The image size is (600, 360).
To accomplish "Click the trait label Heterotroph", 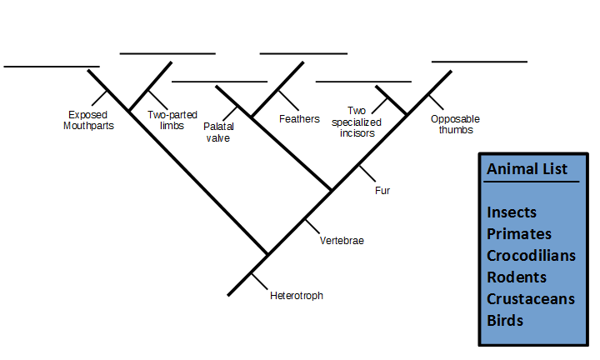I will [x=297, y=296].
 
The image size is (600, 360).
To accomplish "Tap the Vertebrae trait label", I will [x=342, y=241].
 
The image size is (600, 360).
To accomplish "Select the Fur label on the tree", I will [x=382, y=191].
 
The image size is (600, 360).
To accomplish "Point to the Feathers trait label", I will [x=299, y=119].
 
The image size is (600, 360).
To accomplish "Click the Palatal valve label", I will [x=218, y=132].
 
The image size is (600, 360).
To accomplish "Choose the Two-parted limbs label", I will [x=172, y=120].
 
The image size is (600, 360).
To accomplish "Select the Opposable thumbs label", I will [x=454, y=124].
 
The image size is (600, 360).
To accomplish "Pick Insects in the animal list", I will [x=512, y=212].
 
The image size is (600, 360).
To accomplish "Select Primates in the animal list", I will [x=519, y=233].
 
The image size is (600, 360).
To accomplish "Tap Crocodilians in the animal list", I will [x=531, y=255].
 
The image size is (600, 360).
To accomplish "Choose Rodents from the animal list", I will [x=517, y=277].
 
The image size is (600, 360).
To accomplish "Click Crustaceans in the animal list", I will [x=531, y=298].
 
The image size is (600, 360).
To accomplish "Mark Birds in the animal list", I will [x=505, y=320].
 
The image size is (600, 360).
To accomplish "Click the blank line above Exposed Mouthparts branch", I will [x=52, y=66].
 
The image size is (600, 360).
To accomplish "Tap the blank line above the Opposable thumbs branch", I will [x=479, y=62].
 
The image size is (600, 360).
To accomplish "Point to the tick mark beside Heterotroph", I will [x=258, y=280].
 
